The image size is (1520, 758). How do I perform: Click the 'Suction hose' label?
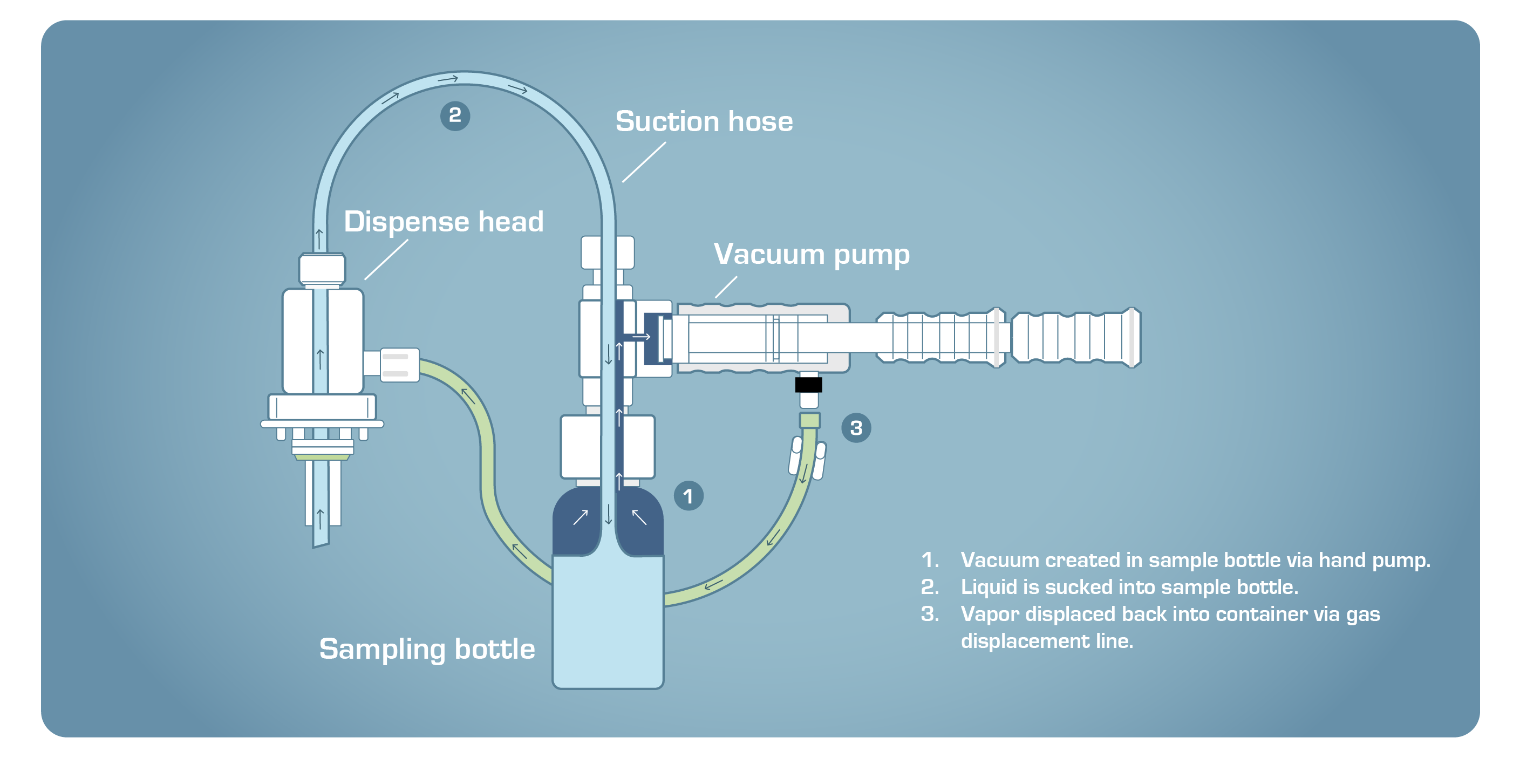[704, 121]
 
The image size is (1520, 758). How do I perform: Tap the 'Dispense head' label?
[443, 222]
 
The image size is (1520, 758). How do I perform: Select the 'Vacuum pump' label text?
[811, 255]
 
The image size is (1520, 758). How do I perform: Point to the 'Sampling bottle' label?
[427, 649]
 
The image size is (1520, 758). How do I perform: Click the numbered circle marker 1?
[688, 496]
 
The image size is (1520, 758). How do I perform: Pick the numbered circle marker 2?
[455, 115]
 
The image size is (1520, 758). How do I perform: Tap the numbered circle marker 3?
[856, 428]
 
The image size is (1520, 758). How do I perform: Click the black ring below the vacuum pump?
[808, 385]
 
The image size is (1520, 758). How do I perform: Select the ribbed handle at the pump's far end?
[1076, 337]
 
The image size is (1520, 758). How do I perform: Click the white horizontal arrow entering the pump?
[641, 337]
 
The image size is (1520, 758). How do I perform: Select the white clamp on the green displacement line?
[807, 457]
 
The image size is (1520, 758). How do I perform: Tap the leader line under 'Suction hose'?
[644, 162]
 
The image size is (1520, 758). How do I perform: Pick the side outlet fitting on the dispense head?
[399, 365]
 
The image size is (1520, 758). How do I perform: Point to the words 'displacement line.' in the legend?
[1047, 641]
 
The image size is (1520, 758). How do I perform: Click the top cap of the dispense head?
[322, 270]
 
